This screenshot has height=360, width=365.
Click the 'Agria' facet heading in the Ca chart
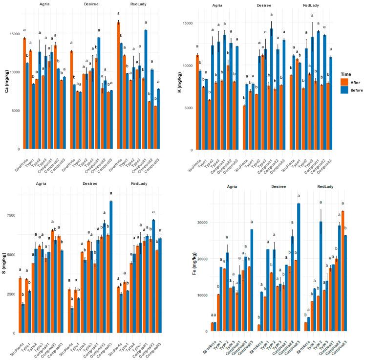(43, 6)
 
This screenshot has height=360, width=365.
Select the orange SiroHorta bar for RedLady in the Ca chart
(118, 86)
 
